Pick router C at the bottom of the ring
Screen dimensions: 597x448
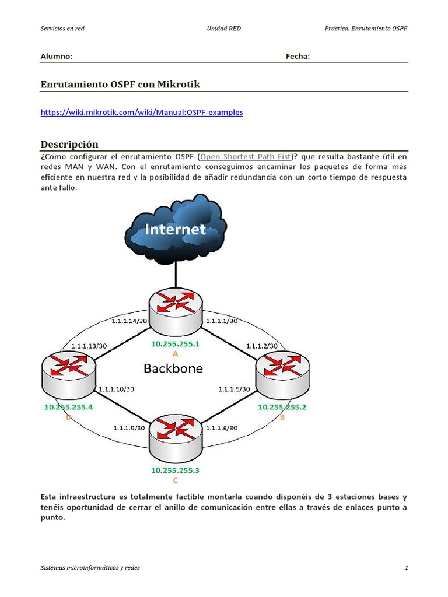[175, 438]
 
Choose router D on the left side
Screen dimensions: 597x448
[68, 373]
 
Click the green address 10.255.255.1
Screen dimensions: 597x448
[175, 344]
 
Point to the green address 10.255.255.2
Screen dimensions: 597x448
[282, 407]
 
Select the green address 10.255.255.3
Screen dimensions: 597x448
[175, 470]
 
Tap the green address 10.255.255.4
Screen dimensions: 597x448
[68, 407]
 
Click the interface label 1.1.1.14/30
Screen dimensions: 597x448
[129, 321]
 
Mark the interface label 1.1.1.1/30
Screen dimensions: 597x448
[219, 321]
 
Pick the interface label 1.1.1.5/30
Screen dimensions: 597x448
[234, 389]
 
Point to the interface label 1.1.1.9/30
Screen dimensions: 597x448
[129, 427]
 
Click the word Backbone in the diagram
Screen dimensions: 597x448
[173, 368]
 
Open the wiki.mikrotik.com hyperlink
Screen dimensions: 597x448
[141, 112]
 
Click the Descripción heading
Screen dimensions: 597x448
[69, 144]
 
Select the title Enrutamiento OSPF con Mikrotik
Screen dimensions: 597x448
[120, 85]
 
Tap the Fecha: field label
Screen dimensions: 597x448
[297, 57]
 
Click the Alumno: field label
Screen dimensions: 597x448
[56, 57]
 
